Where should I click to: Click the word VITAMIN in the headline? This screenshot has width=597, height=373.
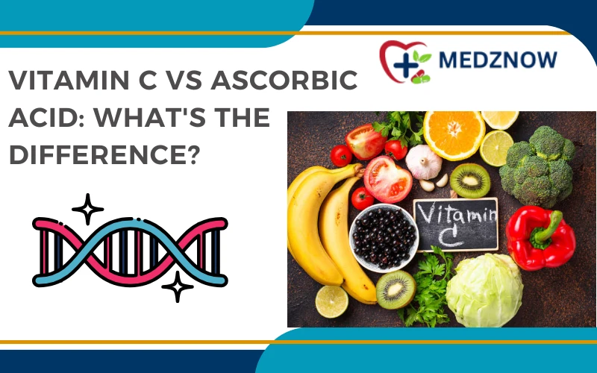pos(71,82)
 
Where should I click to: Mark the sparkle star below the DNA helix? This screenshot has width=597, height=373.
pos(178,286)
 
